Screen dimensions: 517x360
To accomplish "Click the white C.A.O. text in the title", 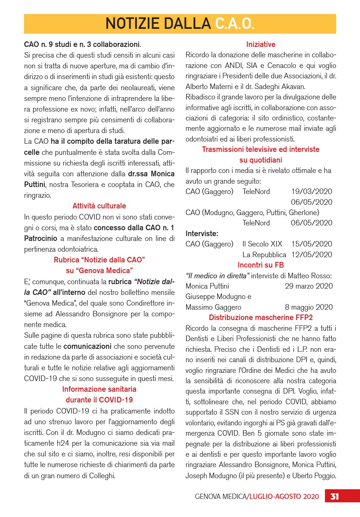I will tap(235, 24).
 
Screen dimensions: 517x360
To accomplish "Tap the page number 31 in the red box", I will tap(334, 496).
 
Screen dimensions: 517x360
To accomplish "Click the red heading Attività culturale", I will tap(99, 206).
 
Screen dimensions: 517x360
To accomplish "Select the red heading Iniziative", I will tap(261, 44).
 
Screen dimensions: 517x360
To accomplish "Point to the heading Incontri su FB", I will tap(261, 265).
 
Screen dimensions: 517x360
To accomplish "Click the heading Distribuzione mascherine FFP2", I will tap(261, 317).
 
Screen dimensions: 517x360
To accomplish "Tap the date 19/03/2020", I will tap(312, 191).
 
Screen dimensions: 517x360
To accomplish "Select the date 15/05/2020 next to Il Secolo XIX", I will tap(312, 244).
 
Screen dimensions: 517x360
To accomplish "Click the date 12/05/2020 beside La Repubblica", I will tap(312, 255).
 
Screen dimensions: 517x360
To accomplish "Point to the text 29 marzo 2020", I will tap(309, 286).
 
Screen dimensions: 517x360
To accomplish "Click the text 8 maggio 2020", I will tap(309, 307).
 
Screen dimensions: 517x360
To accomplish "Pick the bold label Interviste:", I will tap(202, 234).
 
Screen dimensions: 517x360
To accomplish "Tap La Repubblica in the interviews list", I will tap(264, 255).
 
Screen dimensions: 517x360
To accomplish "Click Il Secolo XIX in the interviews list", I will tap(262, 244).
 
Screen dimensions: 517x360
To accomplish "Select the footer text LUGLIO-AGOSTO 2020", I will tap(284, 496).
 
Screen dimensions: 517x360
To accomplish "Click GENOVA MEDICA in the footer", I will tap(221, 496).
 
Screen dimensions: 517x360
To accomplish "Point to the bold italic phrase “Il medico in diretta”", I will tap(217, 276).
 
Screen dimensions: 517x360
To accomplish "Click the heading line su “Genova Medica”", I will tap(99, 271).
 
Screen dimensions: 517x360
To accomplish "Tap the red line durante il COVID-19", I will tap(99, 400).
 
